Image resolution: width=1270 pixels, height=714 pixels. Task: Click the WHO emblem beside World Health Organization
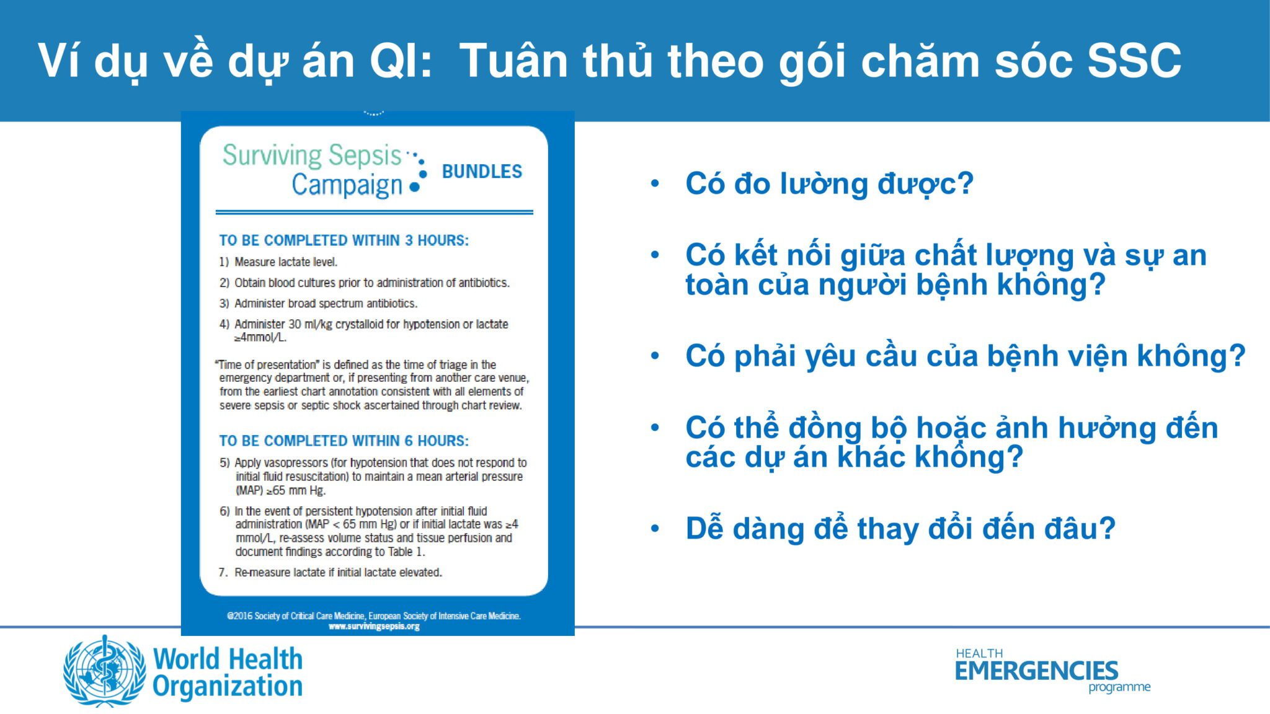click(104, 672)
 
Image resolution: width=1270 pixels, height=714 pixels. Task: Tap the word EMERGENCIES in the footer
click(1036, 671)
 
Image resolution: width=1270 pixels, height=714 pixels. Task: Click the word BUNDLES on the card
click(482, 172)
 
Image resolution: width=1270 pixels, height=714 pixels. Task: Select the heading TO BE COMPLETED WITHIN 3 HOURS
click(344, 240)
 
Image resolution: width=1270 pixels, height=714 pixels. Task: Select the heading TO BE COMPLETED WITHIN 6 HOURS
click(344, 441)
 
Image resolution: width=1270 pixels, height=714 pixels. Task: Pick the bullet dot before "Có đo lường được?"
click(655, 183)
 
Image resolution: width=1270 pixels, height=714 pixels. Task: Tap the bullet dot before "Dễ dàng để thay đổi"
click(655, 529)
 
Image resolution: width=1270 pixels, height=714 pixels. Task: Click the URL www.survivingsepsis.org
click(374, 627)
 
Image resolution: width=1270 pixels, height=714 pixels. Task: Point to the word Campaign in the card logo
click(347, 185)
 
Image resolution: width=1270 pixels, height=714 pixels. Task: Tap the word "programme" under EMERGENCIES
click(1119, 687)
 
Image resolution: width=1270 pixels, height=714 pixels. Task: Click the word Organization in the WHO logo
click(228, 686)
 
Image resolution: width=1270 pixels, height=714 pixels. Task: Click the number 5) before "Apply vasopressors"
click(224, 463)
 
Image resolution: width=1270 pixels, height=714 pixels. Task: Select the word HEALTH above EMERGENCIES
click(979, 653)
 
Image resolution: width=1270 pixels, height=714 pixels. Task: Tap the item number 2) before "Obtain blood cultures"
click(224, 283)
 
